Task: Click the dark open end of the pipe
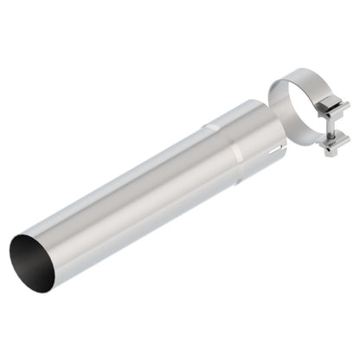coord(31,260)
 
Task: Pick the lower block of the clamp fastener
coord(331,144)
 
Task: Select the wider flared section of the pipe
coord(247,138)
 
